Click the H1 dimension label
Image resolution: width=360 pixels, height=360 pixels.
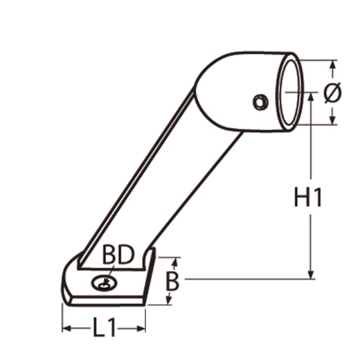coord(308,197)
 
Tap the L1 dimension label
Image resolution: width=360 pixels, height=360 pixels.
coord(104,327)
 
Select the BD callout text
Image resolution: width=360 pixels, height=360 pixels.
coord(118,255)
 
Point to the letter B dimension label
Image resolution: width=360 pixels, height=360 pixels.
coord(172,282)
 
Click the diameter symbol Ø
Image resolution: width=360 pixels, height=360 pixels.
coord(332,92)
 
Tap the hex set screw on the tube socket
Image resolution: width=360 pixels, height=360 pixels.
coord(260,102)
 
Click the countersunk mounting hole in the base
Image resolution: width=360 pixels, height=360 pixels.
coord(105,283)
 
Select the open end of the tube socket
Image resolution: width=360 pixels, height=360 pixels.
coord(290,92)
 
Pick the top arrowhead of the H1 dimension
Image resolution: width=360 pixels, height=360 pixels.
coord(311,96)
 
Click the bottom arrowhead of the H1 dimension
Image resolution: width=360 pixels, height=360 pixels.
coord(311,275)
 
